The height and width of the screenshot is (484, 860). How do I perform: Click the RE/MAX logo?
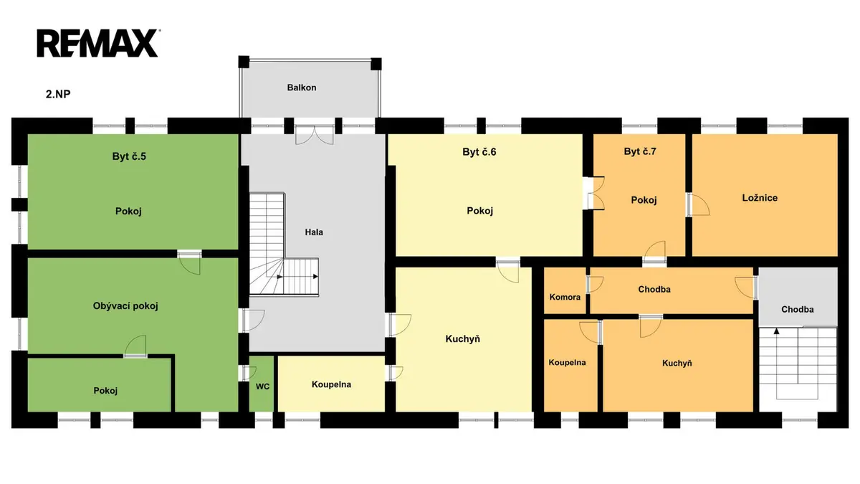(x=98, y=44)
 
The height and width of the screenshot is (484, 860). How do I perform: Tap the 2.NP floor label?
(x=58, y=94)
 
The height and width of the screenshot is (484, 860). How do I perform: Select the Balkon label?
(x=302, y=87)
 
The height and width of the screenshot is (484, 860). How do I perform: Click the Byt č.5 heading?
(x=129, y=156)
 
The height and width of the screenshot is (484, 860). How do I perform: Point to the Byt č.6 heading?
(x=479, y=152)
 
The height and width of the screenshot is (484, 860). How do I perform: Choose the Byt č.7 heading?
(x=640, y=151)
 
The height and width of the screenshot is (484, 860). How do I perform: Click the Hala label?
(x=314, y=232)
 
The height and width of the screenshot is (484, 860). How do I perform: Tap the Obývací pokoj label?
(x=125, y=306)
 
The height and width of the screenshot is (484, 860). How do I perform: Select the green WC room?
(x=262, y=384)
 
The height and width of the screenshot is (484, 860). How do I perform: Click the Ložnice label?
(x=760, y=198)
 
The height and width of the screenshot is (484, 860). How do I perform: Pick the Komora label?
(x=565, y=297)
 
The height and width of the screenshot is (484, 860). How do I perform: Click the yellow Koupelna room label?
(x=331, y=384)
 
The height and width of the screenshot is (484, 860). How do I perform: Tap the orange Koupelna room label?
(x=567, y=362)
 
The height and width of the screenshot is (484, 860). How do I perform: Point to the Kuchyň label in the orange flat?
(x=677, y=363)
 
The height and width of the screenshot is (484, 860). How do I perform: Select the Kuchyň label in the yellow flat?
(x=463, y=338)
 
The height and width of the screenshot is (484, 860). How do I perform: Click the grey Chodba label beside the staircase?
(x=798, y=309)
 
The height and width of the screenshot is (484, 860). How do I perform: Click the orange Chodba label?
(x=654, y=289)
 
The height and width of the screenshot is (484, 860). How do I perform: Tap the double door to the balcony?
(x=314, y=136)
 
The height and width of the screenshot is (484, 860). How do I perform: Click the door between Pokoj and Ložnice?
(x=698, y=204)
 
